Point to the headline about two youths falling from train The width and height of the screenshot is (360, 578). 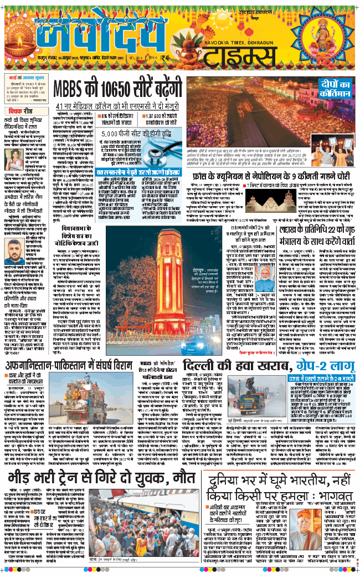(102, 477)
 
